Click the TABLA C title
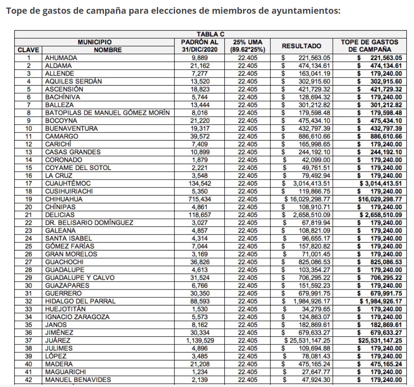click(211, 34)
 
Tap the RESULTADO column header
click(301, 46)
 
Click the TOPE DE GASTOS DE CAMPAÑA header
click(370, 46)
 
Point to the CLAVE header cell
click(28, 50)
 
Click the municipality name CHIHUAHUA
click(64, 199)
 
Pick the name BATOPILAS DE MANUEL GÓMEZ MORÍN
click(107, 113)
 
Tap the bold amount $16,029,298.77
click(380, 199)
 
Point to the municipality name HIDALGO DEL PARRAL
click(80, 301)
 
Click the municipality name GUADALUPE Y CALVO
click(80, 278)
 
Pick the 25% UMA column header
click(247, 46)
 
